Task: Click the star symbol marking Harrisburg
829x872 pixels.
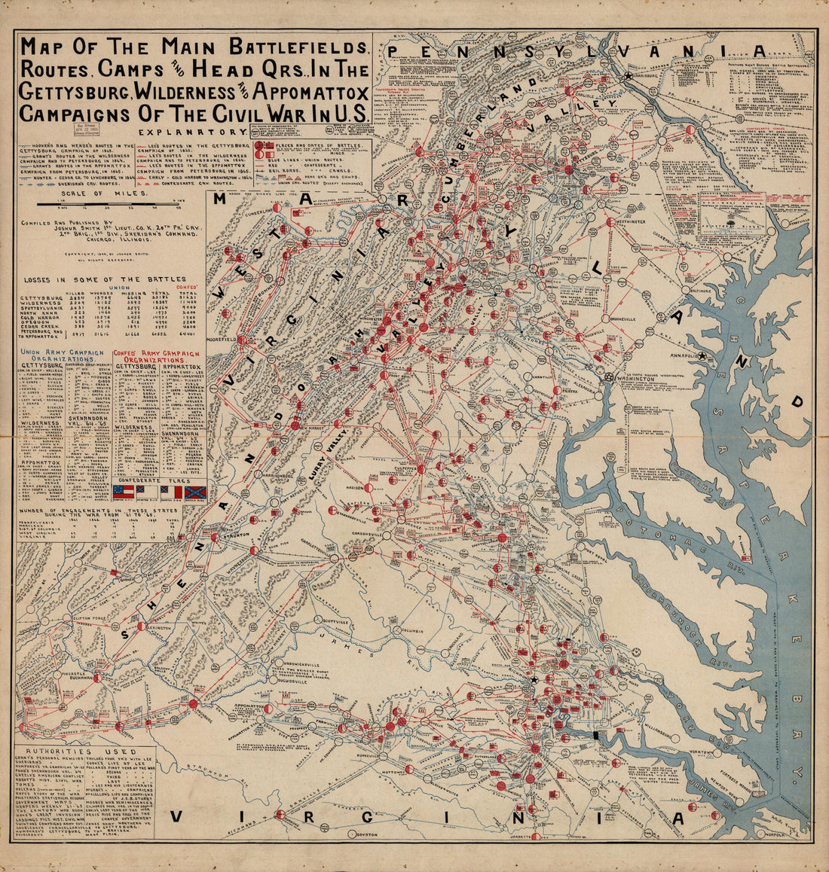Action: tap(628, 76)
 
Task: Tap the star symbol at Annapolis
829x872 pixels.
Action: tap(702, 355)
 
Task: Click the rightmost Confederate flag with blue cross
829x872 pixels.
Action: tap(195, 492)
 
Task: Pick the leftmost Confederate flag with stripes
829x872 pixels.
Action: tap(123, 492)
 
